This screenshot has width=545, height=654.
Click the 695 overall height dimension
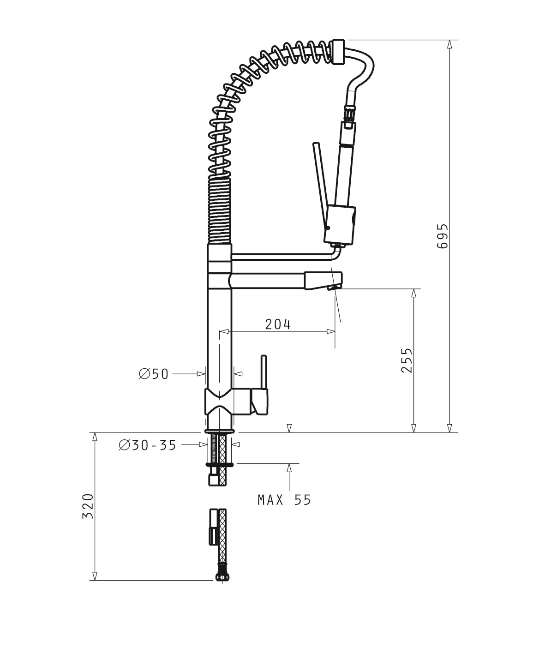click(x=442, y=236)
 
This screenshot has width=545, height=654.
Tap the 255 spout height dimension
click(x=407, y=360)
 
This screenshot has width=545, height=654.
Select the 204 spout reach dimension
click(x=278, y=324)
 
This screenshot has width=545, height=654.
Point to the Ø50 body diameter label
click(x=154, y=374)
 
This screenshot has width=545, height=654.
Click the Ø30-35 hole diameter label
click(x=148, y=445)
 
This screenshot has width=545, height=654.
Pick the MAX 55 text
click(x=284, y=500)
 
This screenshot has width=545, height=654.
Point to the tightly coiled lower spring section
click(x=219, y=210)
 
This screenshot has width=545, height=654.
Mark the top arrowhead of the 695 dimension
click(x=449, y=44)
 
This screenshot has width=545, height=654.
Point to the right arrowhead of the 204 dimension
click(x=331, y=331)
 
